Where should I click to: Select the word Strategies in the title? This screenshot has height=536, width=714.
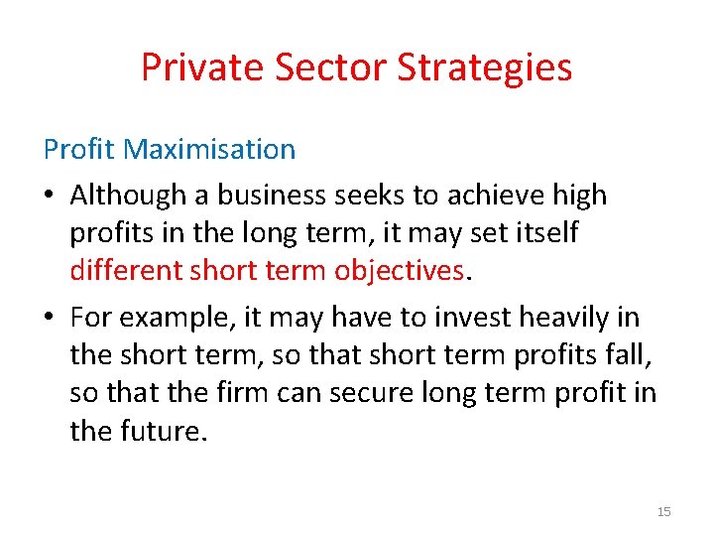[485, 67]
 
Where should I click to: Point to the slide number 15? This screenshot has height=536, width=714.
[663, 511]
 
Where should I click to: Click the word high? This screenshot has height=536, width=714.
[579, 196]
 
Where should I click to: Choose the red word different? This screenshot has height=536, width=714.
[126, 270]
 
